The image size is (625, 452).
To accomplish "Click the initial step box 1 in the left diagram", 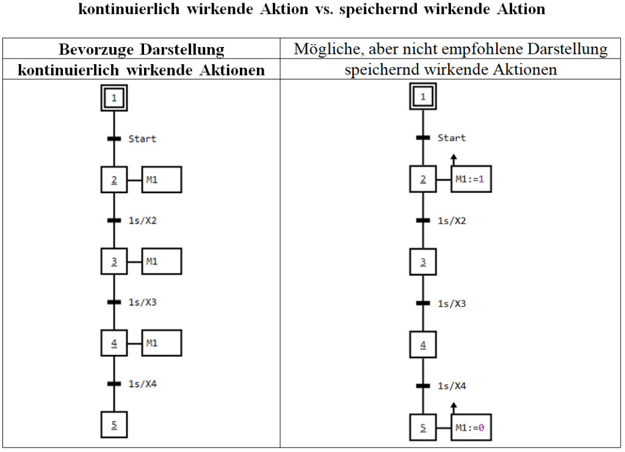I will click(114, 98).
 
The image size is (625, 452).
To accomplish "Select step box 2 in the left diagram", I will click(114, 180).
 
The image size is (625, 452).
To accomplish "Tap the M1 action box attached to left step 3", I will click(162, 261).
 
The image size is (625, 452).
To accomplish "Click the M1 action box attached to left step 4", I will click(162, 343).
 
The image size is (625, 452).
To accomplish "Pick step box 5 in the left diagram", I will click(114, 425).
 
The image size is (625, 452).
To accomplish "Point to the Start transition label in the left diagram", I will click(142, 139).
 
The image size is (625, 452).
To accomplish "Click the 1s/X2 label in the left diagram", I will click(142, 221).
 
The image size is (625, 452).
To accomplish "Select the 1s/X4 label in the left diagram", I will click(142, 384).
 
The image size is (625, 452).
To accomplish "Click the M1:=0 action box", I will click(471, 428).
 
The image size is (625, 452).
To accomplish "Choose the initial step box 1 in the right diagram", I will click(423, 97).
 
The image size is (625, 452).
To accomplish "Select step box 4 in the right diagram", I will click(423, 345).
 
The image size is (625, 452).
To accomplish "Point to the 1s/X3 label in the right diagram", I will click(452, 304).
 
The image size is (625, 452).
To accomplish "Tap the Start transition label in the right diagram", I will click(452, 138).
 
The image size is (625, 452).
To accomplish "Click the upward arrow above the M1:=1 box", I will click(453, 159).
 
